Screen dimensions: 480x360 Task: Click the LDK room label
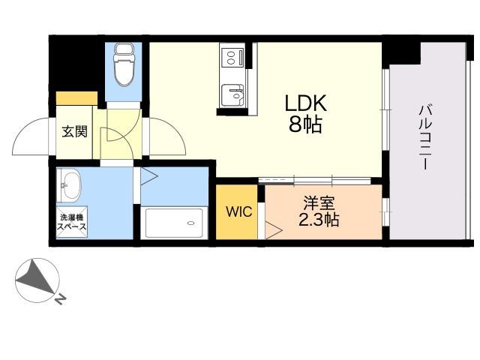coord(305,103)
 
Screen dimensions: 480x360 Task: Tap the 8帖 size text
coord(305,124)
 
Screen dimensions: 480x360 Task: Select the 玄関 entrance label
coord(75,132)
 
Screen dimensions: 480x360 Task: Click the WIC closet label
coord(238,211)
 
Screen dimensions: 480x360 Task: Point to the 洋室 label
coord(319,202)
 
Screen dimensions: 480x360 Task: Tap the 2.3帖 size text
coord(319,219)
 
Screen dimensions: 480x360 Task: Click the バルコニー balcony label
coord(426,136)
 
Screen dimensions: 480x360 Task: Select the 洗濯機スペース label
coord(72,222)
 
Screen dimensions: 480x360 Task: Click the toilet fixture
coord(124,64)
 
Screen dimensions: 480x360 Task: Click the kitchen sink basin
coord(232,95)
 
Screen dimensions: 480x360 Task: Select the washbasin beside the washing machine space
coord(69,185)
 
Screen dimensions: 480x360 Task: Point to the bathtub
coord(174,223)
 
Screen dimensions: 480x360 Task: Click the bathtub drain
coord(191,223)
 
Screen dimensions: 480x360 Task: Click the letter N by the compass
coord(61,299)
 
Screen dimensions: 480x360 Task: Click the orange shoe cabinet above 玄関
coord(76,98)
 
